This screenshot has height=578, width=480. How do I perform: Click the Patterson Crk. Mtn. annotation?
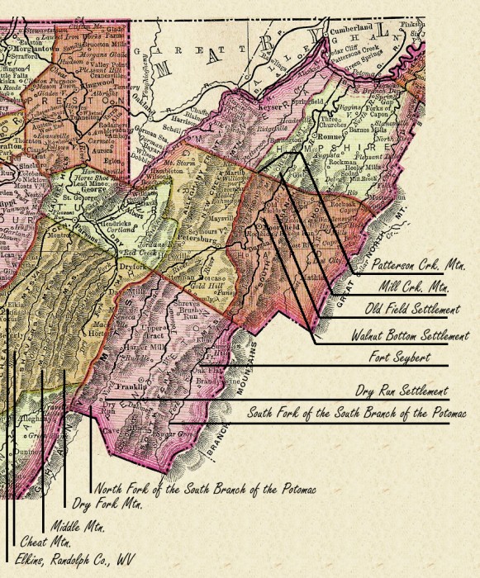(x=418, y=266)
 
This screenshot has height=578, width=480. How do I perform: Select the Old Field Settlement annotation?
(x=411, y=310)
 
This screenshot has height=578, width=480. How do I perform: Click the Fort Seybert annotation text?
(x=398, y=358)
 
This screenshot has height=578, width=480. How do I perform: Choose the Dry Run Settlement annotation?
(x=402, y=391)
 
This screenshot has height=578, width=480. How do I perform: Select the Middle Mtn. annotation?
(x=78, y=524)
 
